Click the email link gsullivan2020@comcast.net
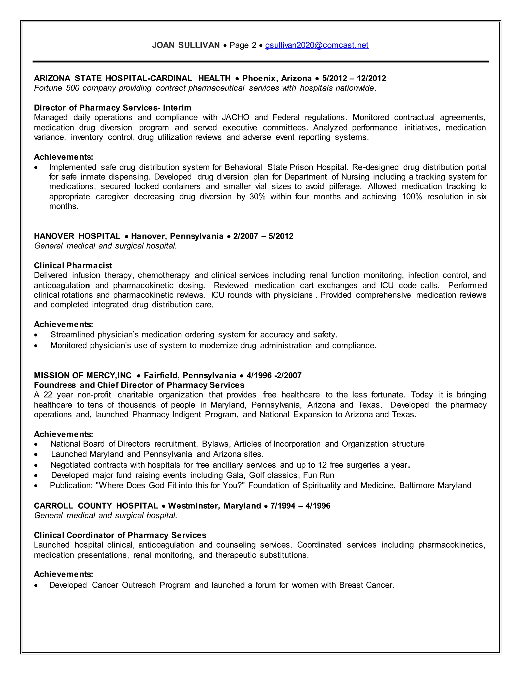coord(317,45)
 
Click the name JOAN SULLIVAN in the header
coord(186,45)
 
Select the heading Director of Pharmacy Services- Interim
coord(112,108)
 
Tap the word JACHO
coord(236,118)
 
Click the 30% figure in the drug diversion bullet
coord(257,197)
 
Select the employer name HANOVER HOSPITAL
coord(77,236)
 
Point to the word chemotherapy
coord(164,275)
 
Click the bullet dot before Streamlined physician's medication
coord(36,335)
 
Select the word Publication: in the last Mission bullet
coord(71,486)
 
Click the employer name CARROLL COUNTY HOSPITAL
coord(96,506)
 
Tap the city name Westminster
coord(194,506)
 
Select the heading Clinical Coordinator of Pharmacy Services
coord(120,535)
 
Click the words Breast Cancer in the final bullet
coord(366,585)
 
